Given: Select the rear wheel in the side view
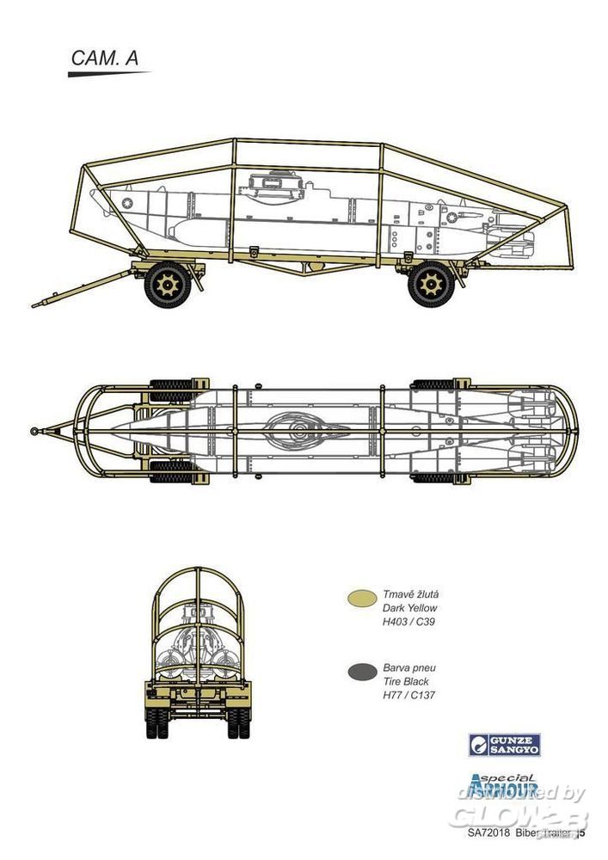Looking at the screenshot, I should click(x=430, y=285).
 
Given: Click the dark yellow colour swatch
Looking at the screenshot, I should click(x=359, y=599).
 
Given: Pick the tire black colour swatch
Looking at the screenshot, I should click(x=359, y=672).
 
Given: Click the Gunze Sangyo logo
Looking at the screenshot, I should click(x=504, y=745).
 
